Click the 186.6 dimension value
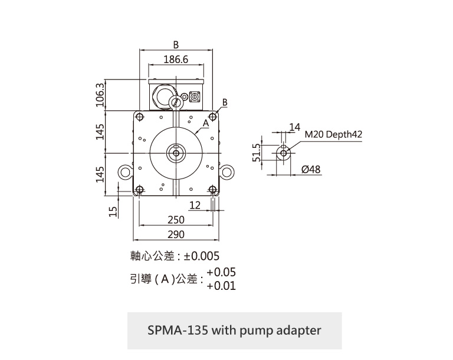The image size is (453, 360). pyautogui.click(x=176, y=60)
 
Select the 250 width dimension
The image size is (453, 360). pyautogui.click(x=176, y=220)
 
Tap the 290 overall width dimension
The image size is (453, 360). pyautogui.click(x=176, y=235)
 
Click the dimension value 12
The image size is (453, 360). pyautogui.click(x=195, y=205)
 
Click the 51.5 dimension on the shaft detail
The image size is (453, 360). pyautogui.click(x=256, y=153)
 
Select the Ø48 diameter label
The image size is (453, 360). pyautogui.click(x=311, y=170)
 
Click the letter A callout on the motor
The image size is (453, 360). pyautogui.click(x=206, y=123)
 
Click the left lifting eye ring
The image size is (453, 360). pyautogui.click(x=125, y=172)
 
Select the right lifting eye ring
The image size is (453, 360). pyautogui.click(x=226, y=172)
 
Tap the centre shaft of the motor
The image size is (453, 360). pyautogui.click(x=176, y=152)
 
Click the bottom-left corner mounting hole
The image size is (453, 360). pyautogui.click(x=139, y=190)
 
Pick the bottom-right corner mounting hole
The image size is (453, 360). pyautogui.click(x=213, y=190)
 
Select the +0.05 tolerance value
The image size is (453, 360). pyautogui.click(x=221, y=272)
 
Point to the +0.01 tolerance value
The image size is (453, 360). pyautogui.click(x=221, y=286)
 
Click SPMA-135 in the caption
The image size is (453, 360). pyautogui.click(x=176, y=330)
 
